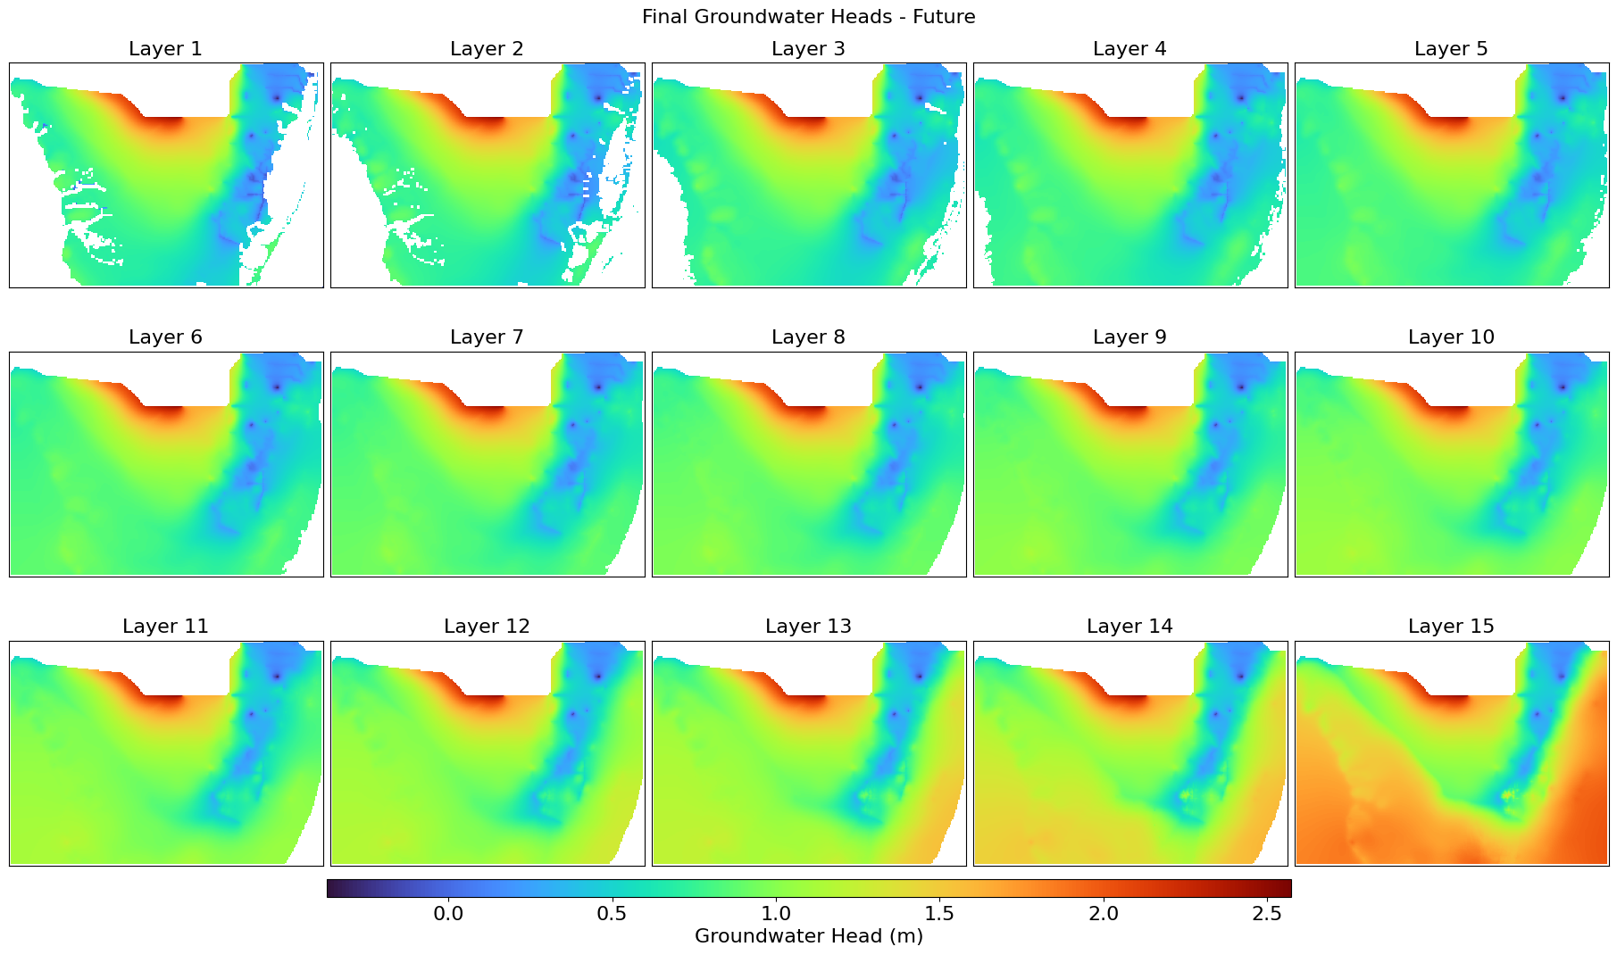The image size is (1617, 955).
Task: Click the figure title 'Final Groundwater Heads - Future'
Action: (x=808, y=17)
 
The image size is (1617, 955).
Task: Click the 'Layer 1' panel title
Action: (x=165, y=49)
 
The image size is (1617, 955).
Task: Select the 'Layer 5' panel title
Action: (x=1451, y=49)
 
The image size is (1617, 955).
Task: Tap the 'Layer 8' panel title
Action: (x=808, y=337)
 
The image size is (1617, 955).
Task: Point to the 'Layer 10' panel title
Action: (x=1451, y=337)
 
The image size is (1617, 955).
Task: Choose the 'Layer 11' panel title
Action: (x=165, y=627)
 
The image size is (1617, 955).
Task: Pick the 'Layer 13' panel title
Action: (x=808, y=627)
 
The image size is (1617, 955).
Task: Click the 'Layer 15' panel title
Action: (x=1451, y=627)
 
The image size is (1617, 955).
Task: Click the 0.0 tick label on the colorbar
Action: (x=448, y=914)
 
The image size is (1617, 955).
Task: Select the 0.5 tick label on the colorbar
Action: (x=612, y=914)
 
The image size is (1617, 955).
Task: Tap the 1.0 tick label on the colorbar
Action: (x=776, y=914)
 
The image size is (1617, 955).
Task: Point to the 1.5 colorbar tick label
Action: (x=939, y=914)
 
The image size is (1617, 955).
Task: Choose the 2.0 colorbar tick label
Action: (x=1104, y=914)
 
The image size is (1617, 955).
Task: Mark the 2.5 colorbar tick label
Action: (x=1267, y=914)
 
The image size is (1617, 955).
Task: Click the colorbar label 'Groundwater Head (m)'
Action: (x=808, y=936)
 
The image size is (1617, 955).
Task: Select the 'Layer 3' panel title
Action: (x=808, y=49)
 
